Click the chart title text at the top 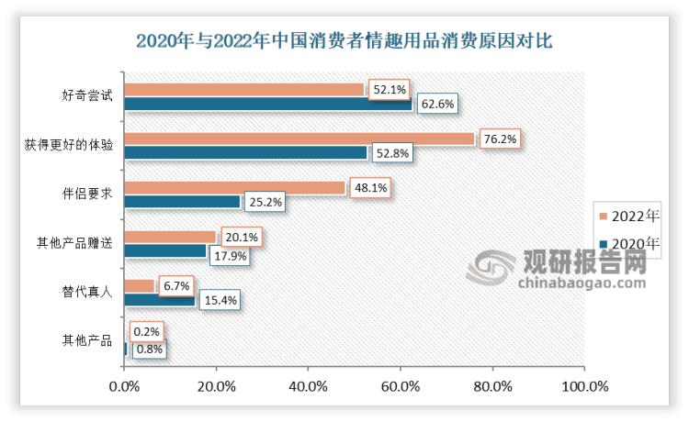click(344, 41)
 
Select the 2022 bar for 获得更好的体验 click(299, 139)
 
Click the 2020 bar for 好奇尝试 click(268, 104)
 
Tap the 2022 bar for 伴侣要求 click(234, 187)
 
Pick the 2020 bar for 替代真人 click(159, 299)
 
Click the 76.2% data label click(501, 139)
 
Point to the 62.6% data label click(439, 104)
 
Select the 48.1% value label click(371, 187)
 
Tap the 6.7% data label click(177, 285)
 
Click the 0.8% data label click(151, 349)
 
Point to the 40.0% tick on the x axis click(308, 385)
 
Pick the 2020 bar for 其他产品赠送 click(165, 250)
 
